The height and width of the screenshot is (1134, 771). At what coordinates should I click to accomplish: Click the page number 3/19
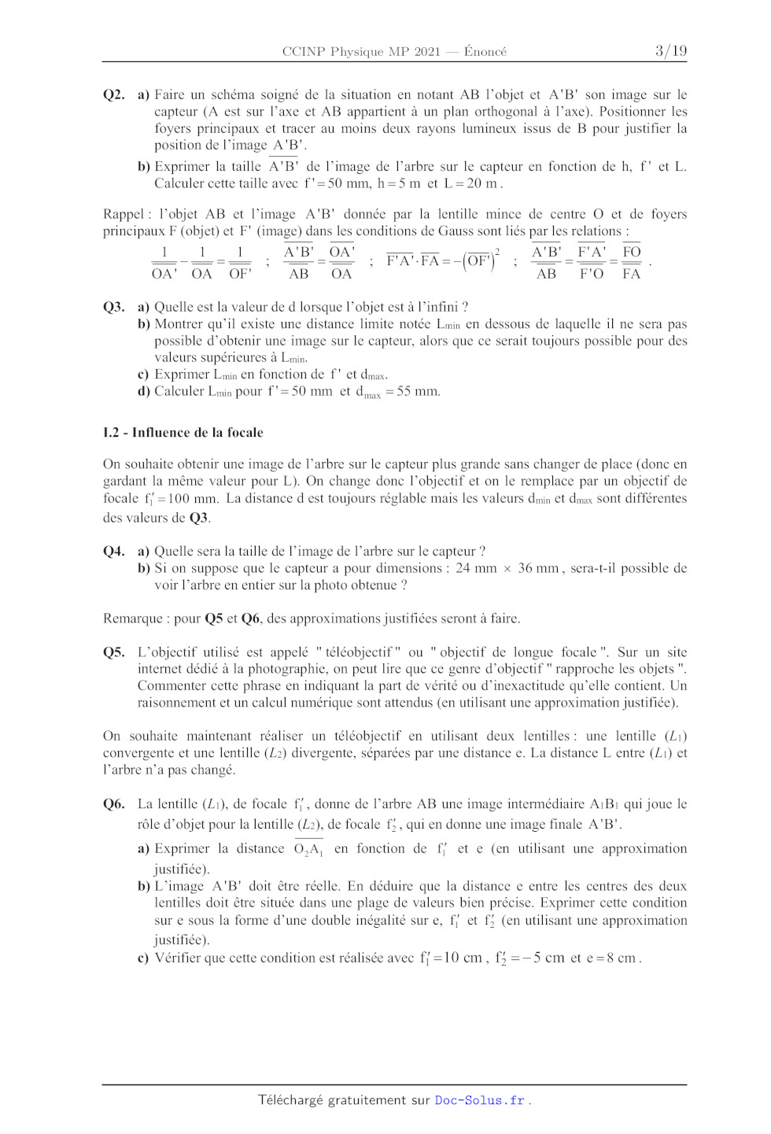coord(670,51)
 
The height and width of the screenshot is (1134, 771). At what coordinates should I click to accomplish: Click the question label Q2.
coord(114,94)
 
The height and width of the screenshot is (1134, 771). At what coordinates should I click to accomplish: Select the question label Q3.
coord(114,307)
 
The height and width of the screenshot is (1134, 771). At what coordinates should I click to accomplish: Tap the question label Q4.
coord(114,551)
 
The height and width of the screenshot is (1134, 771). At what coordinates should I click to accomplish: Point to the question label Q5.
coord(114,652)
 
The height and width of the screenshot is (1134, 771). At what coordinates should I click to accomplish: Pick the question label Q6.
coord(114,803)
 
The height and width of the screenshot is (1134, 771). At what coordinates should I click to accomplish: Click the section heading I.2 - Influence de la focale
coord(183,432)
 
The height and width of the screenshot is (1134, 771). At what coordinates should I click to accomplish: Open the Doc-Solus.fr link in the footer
coord(480,1100)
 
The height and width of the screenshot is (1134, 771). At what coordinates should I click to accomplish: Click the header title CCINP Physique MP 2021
coord(361,52)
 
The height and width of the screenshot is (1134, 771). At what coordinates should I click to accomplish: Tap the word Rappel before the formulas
coord(124,214)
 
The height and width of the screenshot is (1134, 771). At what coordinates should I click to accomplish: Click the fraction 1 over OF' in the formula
coord(240,263)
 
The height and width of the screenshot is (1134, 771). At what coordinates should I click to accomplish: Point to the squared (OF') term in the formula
coord(481,260)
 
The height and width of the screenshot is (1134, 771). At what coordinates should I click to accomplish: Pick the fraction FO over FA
coord(631,263)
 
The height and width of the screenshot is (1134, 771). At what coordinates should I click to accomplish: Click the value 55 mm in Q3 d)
coord(419,391)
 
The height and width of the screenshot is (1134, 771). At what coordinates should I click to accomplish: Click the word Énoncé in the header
coord(485,52)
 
